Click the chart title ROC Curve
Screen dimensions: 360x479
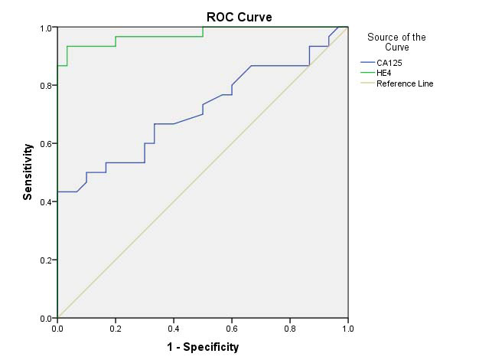tap(239, 17)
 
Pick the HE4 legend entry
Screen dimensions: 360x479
tap(383, 73)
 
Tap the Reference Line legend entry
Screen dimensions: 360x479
tap(403, 83)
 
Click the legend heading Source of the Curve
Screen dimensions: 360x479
tap(396, 41)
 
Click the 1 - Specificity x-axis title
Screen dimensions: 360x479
tap(203, 347)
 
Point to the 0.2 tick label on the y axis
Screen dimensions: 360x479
tap(45, 260)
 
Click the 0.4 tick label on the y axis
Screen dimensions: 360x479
tap(45, 201)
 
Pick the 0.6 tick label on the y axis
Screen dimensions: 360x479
tap(45, 143)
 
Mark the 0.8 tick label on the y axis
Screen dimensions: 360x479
tap(45, 86)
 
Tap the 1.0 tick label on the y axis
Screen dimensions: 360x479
tap(45, 28)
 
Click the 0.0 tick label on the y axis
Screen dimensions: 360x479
tap(45, 317)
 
